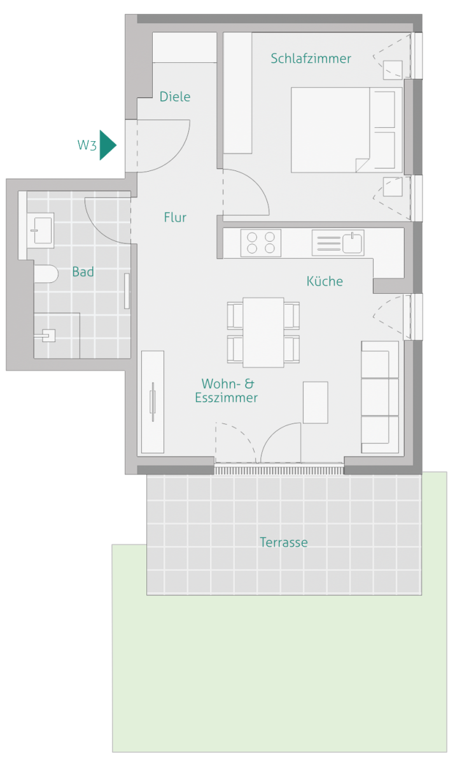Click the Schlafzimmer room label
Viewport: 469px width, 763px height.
tap(311, 58)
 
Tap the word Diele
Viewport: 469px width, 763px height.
tap(175, 97)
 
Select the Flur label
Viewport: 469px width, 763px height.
tap(175, 217)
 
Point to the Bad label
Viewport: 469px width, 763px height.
tap(83, 272)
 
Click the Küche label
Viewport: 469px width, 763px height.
tap(325, 281)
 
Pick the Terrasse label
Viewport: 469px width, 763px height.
tap(284, 542)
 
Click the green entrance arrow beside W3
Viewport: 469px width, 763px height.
tap(108, 145)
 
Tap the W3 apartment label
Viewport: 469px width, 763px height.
tap(87, 145)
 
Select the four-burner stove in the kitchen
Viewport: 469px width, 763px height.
tap(261, 243)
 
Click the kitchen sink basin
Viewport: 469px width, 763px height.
tap(352, 243)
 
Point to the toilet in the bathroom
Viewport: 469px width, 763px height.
tap(46, 274)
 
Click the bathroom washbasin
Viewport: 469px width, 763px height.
tap(41, 230)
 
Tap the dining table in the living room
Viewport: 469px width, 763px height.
tap(263, 333)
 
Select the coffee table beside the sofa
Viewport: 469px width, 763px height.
tap(315, 402)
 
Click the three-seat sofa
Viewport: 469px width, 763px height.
tap(380, 397)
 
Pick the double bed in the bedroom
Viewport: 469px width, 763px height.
tap(347, 130)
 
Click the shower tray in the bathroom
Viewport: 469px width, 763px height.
tap(57, 336)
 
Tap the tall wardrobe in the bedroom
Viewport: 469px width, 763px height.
tap(237, 93)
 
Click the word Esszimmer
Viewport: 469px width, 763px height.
tap(226, 398)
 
